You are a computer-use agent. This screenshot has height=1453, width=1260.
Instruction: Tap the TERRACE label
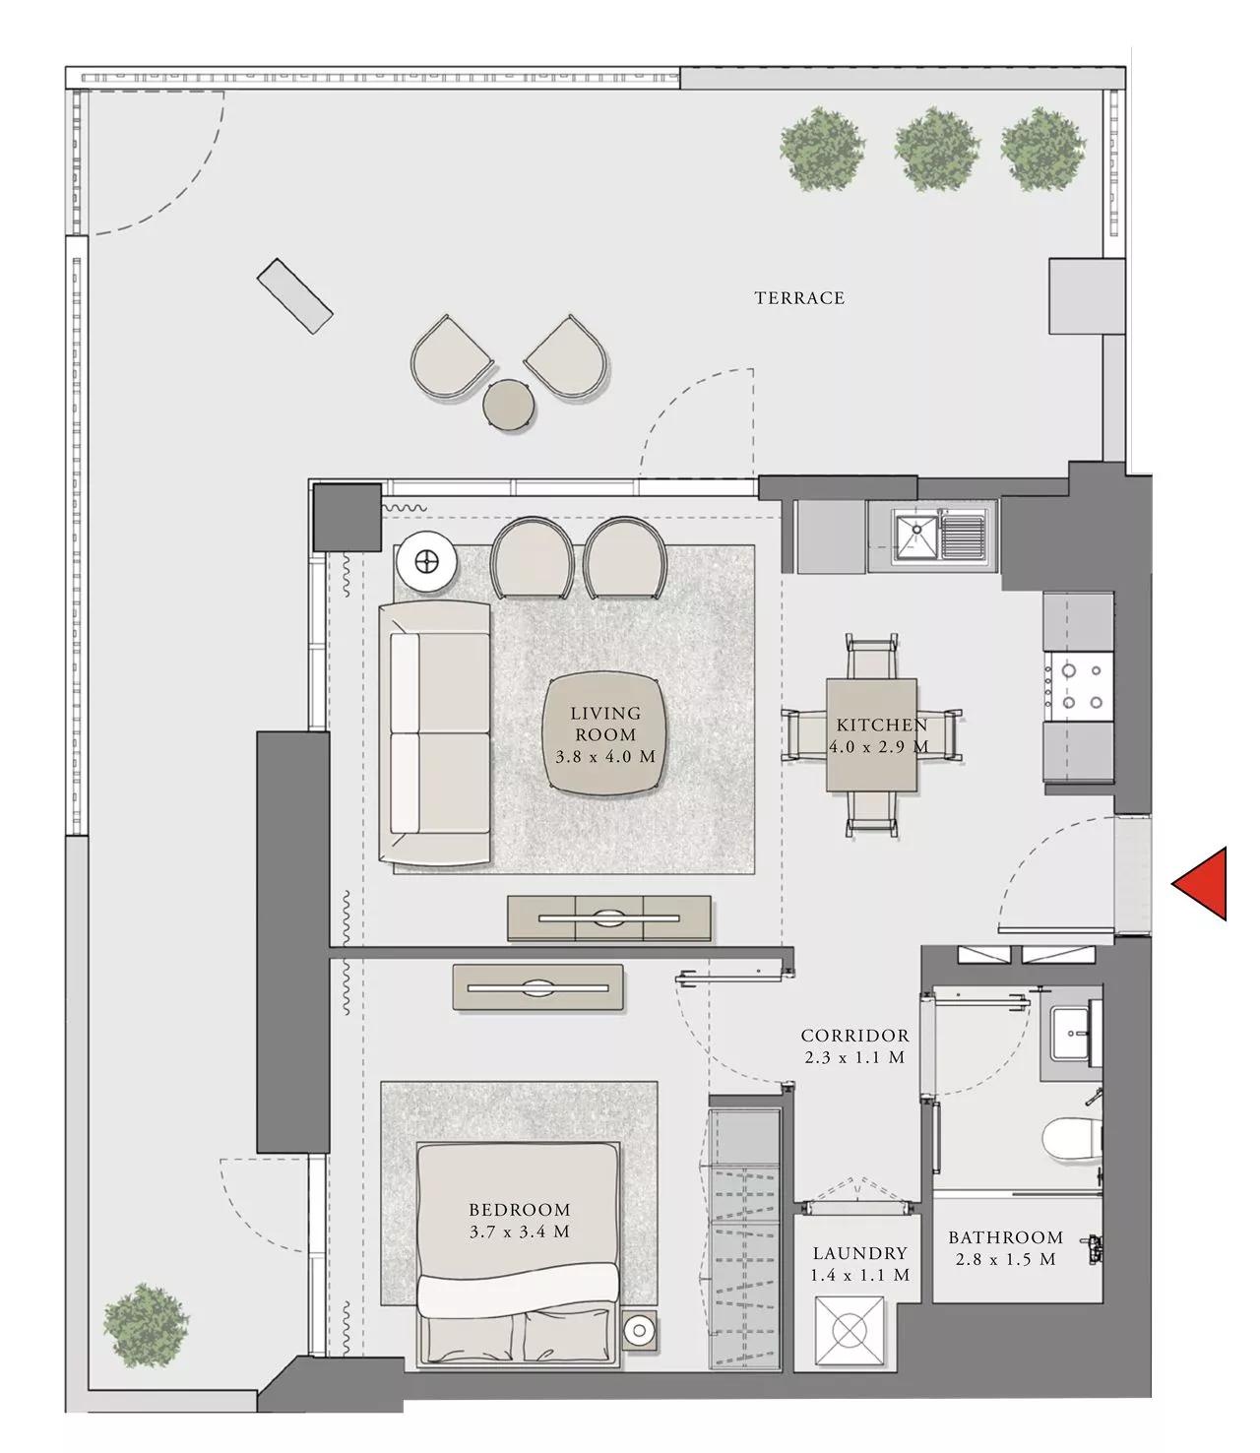coord(799,297)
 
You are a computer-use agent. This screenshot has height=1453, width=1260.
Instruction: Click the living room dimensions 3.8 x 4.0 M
coord(604,756)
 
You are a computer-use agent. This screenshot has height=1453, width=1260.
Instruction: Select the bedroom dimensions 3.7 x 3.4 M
coord(519,1232)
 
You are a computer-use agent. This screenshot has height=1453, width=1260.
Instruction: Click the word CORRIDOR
coord(854,1036)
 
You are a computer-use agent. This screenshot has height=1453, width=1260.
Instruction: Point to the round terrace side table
coord(510,404)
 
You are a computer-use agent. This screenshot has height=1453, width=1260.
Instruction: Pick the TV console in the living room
coord(609,917)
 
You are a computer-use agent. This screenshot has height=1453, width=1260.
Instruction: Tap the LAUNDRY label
coord(859,1253)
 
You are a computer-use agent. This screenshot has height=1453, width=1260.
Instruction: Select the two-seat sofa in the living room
coord(435,732)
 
